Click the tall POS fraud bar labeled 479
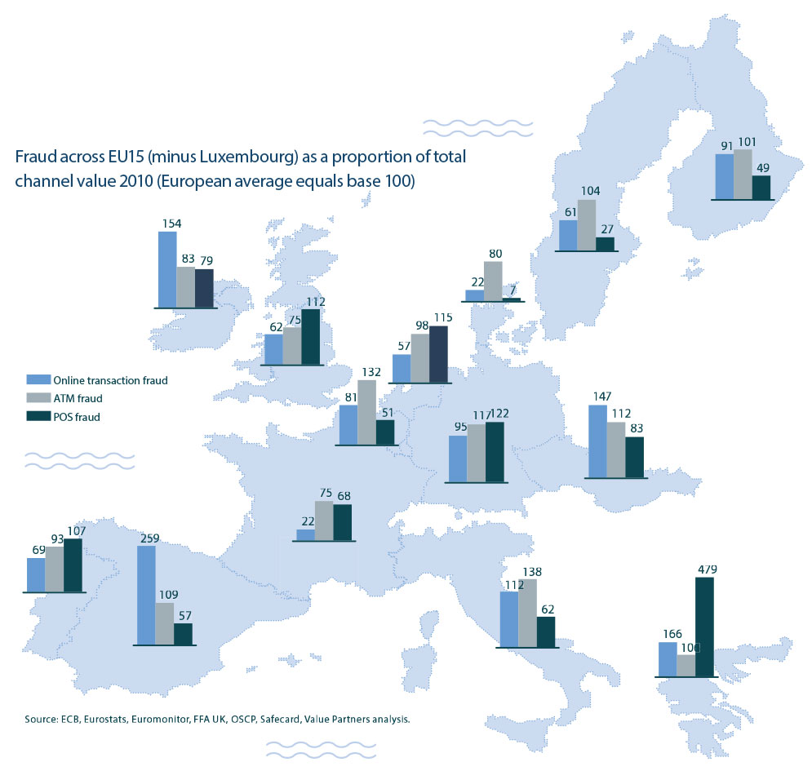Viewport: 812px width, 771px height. point(704,627)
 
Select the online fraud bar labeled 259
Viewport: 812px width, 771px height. point(146,595)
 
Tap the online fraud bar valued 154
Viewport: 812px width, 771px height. point(166,269)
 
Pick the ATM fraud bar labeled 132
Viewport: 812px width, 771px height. point(366,413)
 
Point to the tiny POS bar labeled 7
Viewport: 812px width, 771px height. point(511,299)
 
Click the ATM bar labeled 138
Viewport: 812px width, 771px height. point(527,613)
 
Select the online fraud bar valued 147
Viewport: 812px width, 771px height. point(597,441)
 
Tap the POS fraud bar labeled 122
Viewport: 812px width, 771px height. point(494,452)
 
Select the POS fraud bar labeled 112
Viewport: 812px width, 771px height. point(310,336)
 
